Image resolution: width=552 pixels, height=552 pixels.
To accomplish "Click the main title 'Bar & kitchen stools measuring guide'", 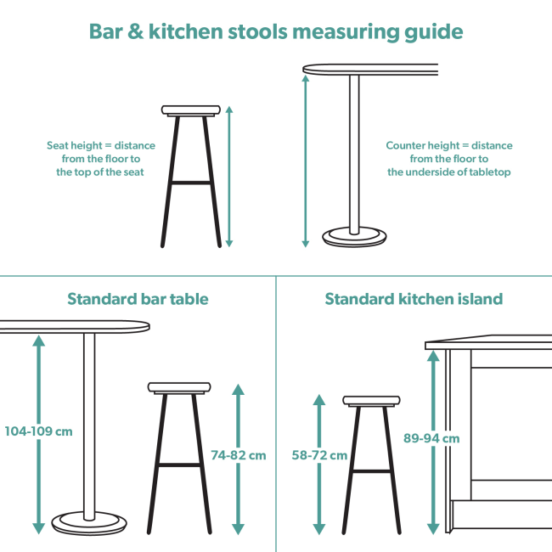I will coord(276,31).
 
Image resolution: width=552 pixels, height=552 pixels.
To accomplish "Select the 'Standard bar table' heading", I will coord(138,299).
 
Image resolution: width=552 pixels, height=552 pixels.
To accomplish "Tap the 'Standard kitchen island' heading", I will coord(414,299).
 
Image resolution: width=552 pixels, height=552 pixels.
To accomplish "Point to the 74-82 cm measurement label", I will coord(239,455).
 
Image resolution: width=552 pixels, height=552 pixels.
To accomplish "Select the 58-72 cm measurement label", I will coord(319,455).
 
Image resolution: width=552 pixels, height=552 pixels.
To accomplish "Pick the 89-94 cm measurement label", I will coord(431,438).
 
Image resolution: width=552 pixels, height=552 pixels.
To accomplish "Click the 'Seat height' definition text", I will coord(100,159).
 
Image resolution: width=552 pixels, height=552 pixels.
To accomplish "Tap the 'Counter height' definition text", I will coord(449,159).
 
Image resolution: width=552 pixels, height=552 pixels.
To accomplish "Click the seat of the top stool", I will coord(191,110).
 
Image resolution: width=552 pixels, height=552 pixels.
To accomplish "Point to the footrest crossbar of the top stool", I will coord(191,182).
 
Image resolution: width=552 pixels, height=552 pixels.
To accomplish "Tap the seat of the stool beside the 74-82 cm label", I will coord(179,388).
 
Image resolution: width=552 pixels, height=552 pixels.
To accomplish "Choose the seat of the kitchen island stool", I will coord(371,401).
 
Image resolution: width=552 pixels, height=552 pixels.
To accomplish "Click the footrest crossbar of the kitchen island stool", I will coord(371,470).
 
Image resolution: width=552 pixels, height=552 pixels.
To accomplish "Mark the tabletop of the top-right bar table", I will coord(370,69).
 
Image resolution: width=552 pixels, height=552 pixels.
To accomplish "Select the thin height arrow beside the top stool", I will coord(228,177).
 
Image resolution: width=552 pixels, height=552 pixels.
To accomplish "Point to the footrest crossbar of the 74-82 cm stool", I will coord(179,465).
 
